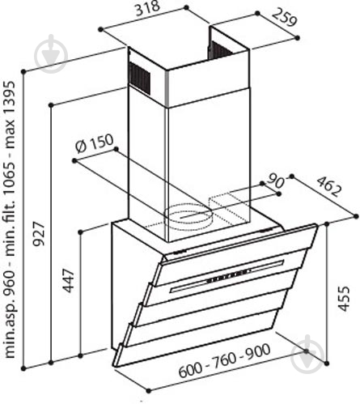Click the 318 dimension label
pyautogui.click(x=148, y=8)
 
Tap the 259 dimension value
pyautogui.click(x=284, y=18)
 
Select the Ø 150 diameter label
pyautogui.click(x=94, y=143)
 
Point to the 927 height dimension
pyautogui.click(x=38, y=234)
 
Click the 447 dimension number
pyautogui.click(x=68, y=281)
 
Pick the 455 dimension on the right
pyautogui.click(x=343, y=299)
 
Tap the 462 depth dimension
pyautogui.click(x=328, y=186)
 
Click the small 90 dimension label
pyautogui.click(x=275, y=182)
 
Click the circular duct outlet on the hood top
pyautogui.click(x=188, y=217)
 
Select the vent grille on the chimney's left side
pyautogui.click(x=139, y=78)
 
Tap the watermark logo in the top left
pyautogui.click(x=51, y=54)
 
